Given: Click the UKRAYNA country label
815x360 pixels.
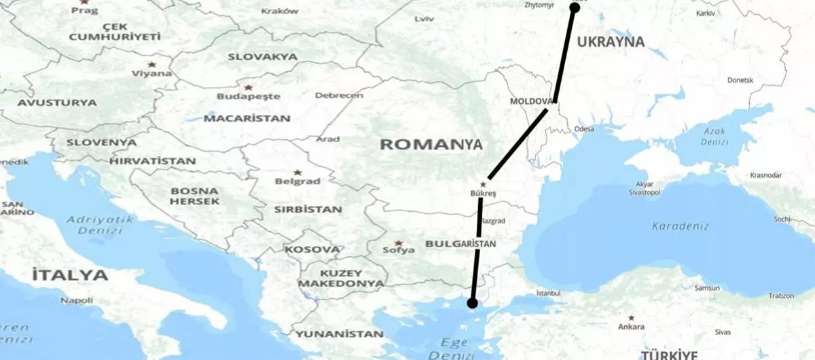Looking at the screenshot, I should click(611, 42).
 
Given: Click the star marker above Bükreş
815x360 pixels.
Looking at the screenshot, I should click(483, 184).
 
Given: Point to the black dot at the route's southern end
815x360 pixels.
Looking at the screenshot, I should click(472, 303).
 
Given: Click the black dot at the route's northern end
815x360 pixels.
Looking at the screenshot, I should click(574, 7).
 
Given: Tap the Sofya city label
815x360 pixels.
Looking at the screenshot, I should click(399, 250).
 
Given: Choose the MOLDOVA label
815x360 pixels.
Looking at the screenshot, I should click(530, 101).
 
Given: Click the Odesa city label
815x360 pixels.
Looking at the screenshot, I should click(583, 128).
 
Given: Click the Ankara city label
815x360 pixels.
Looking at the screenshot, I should click(631, 327).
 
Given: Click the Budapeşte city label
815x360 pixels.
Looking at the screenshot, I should click(248, 96).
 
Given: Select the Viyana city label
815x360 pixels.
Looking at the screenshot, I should click(152, 73).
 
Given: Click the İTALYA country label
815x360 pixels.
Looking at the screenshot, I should click(69, 276).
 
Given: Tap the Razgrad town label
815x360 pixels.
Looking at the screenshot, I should click(493, 221).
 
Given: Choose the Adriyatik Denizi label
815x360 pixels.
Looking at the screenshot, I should click(95, 225).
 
